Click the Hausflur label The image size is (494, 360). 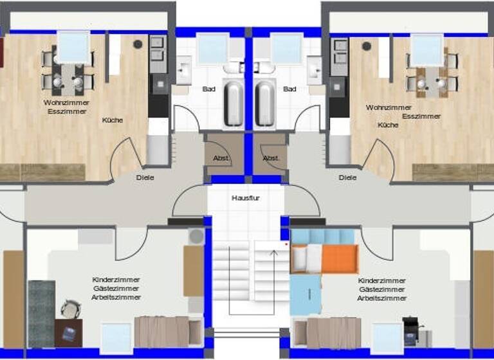(244, 198)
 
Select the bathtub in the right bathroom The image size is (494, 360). (264, 102)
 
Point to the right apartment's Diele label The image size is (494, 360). (347, 177)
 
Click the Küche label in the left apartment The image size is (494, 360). (112, 120)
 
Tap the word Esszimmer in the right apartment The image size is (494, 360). (421, 116)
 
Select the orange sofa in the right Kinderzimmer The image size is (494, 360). (338, 259)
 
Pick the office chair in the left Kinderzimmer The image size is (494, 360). (71, 310)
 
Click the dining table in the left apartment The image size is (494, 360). (68, 76)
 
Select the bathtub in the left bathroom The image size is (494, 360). (233, 102)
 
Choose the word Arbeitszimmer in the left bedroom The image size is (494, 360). (116, 298)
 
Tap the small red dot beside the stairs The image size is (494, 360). (285, 245)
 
